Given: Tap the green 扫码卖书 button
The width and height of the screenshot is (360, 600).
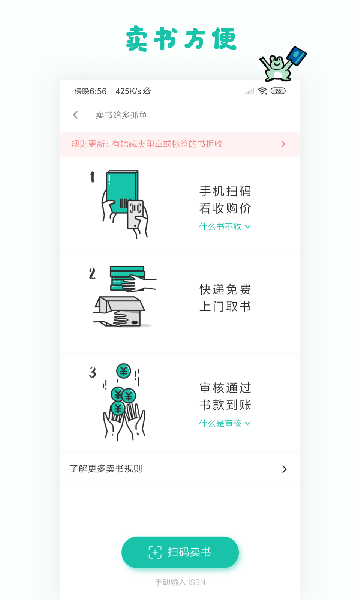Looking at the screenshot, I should pyautogui.click(x=180, y=552).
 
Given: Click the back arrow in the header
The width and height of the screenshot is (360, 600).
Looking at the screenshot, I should pyautogui.click(x=76, y=115).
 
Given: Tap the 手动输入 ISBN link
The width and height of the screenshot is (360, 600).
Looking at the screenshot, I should pyautogui.click(x=180, y=581).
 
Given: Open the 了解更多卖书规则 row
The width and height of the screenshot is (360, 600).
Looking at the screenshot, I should pyautogui.click(x=180, y=468).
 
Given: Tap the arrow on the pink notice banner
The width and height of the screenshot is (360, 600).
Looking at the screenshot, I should pyautogui.click(x=283, y=144).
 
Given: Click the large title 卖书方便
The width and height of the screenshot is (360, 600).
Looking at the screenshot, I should pyautogui.click(x=181, y=38).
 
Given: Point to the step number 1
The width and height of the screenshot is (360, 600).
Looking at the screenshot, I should pyautogui.click(x=92, y=177).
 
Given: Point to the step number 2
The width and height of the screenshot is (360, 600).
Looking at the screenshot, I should pyautogui.click(x=92, y=273).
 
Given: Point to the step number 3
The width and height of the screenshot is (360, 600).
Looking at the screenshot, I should pyautogui.click(x=92, y=373).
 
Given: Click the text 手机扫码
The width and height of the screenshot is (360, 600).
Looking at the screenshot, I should pyautogui.click(x=225, y=191).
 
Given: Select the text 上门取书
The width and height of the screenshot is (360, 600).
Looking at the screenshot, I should pyautogui.click(x=225, y=306).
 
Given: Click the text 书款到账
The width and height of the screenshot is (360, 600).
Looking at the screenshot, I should pyautogui.click(x=225, y=405).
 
